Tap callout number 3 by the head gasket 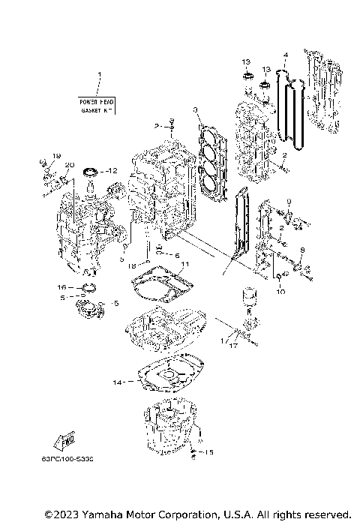tap(195, 110)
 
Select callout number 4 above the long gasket tap(286, 55)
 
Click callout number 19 tap(54, 155)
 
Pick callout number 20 tap(69, 165)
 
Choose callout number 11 tap(187, 264)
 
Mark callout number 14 tap(117, 382)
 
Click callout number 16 tap(62, 287)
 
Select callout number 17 tap(233, 346)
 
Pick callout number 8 tap(302, 250)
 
